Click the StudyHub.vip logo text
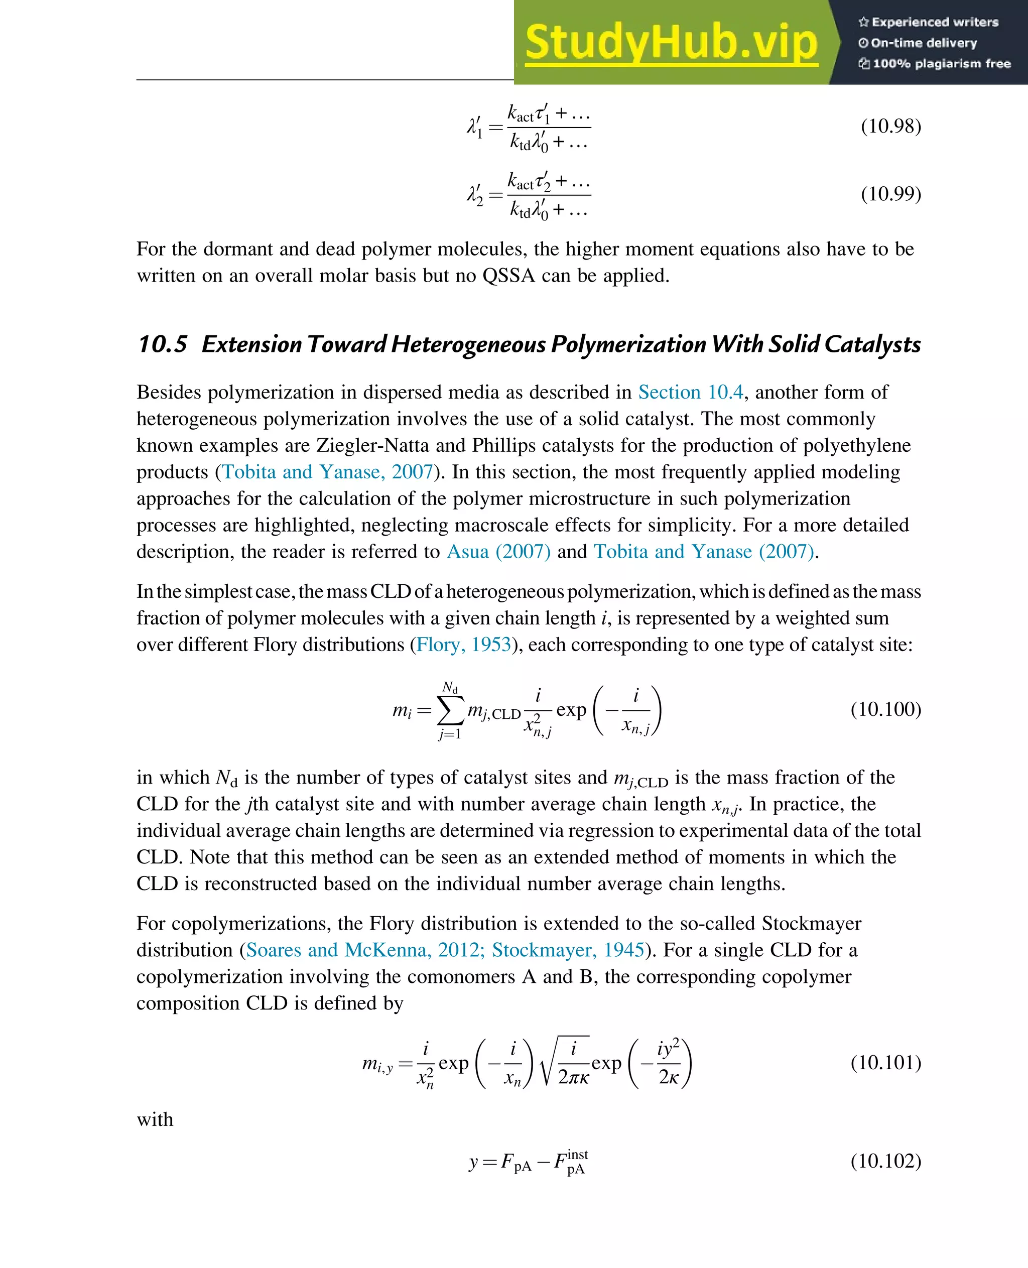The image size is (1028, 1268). click(x=671, y=43)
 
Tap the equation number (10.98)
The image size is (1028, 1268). click(x=890, y=126)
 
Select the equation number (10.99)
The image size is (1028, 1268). click(x=890, y=194)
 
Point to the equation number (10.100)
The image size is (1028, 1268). click(x=885, y=709)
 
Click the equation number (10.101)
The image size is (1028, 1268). click(x=885, y=1063)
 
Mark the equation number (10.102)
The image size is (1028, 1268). click(x=885, y=1160)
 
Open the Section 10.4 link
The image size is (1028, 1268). click(x=691, y=392)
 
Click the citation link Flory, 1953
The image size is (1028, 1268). click(x=463, y=645)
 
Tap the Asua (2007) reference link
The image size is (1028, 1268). click(x=498, y=551)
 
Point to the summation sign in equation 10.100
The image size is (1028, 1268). click(x=450, y=710)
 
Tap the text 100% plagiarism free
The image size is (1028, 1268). click(x=941, y=63)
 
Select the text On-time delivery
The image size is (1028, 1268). click(x=923, y=43)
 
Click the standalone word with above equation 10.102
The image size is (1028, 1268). click(x=155, y=1120)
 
